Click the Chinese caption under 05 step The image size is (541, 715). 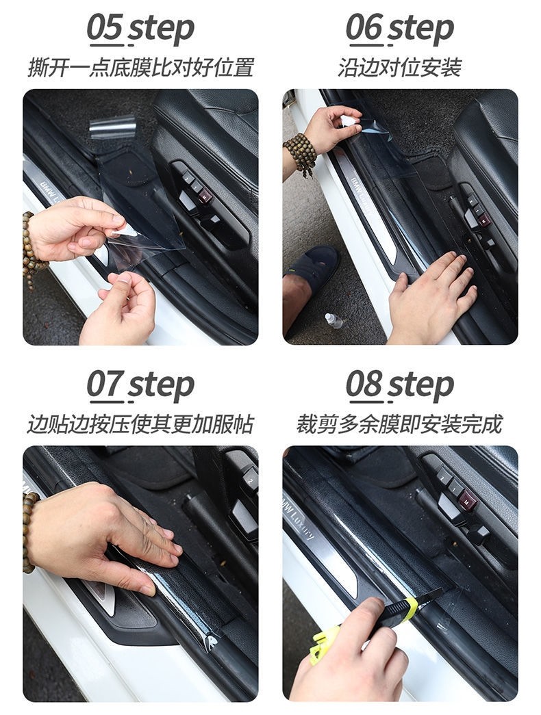point(140,68)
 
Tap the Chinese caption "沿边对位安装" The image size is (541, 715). point(399,68)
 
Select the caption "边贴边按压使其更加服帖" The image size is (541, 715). point(140,424)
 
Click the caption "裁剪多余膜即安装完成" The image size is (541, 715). point(399,424)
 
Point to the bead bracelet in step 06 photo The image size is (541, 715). point(301,153)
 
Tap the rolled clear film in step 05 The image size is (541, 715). point(113,127)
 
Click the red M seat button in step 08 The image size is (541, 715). point(467,499)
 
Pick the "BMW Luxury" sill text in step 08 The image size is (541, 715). point(299,517)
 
